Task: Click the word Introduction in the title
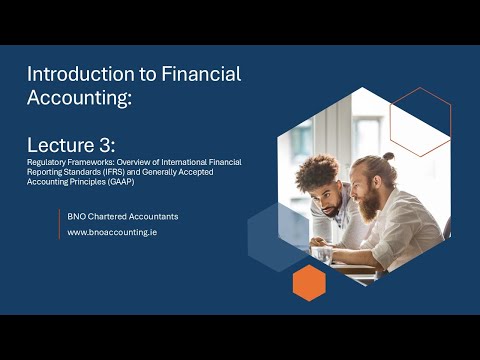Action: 67,74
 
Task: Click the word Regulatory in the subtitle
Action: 44,161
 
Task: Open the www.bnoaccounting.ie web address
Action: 111,232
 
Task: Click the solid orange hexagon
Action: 309,282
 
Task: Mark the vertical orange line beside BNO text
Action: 60,224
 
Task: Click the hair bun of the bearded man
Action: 388,157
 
